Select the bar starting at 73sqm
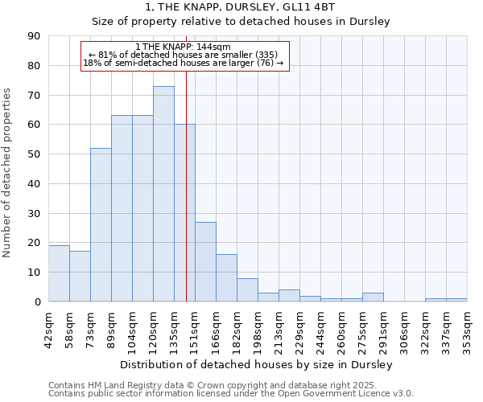click(101, 225)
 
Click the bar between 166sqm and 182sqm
click(226, 278)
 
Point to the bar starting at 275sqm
click(373, 297)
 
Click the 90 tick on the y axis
click(34, 36)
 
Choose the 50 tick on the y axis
click(34, 154)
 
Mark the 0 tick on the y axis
click(37, 302)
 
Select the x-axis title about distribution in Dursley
click(257, 365)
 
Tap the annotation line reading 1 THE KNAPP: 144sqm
click(183, 47)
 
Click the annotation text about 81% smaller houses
click(183, 55)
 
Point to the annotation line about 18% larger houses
click(183, 63)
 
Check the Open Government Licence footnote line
click(230, 394)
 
